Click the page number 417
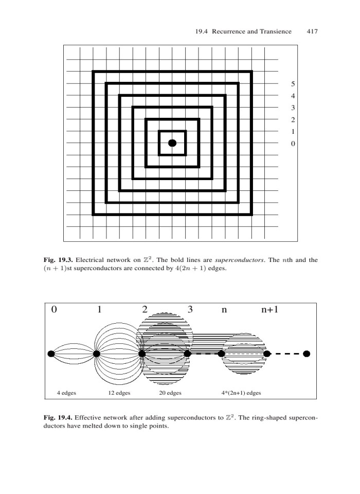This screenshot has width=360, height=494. pyautogui.click(x=312, y=32)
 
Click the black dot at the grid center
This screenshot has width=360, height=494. pyautogui.click(x=172, y=143)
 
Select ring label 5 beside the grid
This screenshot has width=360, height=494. pyautogui.click(x=292, y=84)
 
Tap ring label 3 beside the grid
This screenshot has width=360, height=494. pyautogui.click(x=292, y=108)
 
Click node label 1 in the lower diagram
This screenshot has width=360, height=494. pyautogui.click(x=99, y=310)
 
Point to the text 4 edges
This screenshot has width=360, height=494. pyautogui.click(x=66, y=393)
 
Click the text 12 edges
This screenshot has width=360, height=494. pyautogui.click(x=119, y=393)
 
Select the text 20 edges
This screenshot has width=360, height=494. pyautogui.click(x=170, y=393)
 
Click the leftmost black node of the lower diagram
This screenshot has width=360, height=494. pyautogui.click(x=51, y=354)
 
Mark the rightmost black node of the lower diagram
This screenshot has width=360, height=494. pyautogui.click(x=307, y=354)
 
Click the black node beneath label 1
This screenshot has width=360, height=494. pyautogui.click(x=96, y=354)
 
